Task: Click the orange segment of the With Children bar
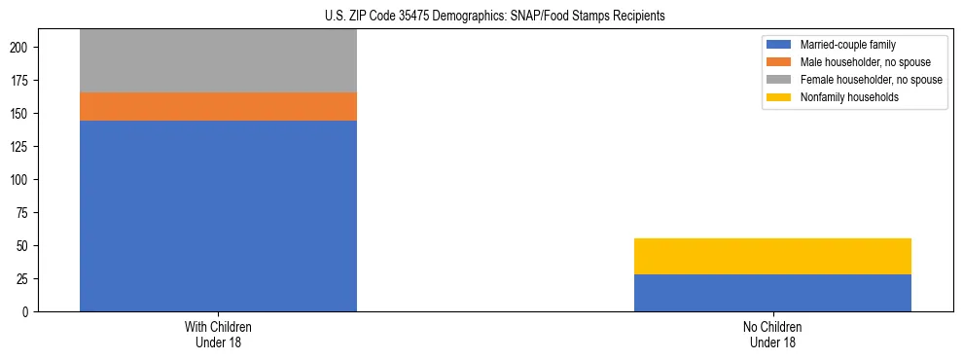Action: pyautogui.click(x=218, y=106)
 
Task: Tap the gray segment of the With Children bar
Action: pyautogui.click(x=218, y=60)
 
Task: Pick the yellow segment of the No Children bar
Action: pyautogui.click(x=772, y=256)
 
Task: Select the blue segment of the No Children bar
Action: pyautogui.click(x=772, y=293)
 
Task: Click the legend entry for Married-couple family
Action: pyautogui.click(x=846, y=45)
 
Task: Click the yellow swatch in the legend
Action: pyautogui.click(x=779, y=97)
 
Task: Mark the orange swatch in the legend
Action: pyautogui.click(x=779, y=62)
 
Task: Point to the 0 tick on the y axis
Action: pyautogui.click(x=26, y=312)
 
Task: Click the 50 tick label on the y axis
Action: pyautogui.click(x=23, y=246)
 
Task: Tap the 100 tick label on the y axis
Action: pyautogui.click(x=20, y=180)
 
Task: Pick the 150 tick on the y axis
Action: pyautogui.click(x=20, y=114)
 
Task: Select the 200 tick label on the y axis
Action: pyautogui.click(x=20, y=48)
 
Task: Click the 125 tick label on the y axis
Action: pyautogui.click(x=20, y=147)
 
